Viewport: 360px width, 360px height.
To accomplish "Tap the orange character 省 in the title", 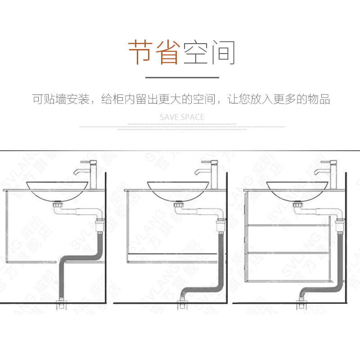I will pos(166,52).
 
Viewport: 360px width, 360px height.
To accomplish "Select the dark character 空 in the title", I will pos(194,52).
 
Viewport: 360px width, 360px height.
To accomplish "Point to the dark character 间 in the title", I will pos(221,52).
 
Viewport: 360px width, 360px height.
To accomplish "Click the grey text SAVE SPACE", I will pos(182,117).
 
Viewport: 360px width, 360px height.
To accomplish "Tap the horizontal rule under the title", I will pos(180,77).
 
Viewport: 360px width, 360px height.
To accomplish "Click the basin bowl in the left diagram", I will pos(57,191).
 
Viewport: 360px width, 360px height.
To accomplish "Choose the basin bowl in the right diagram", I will pos(297,191).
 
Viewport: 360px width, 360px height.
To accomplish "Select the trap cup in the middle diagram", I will pos(220,224).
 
